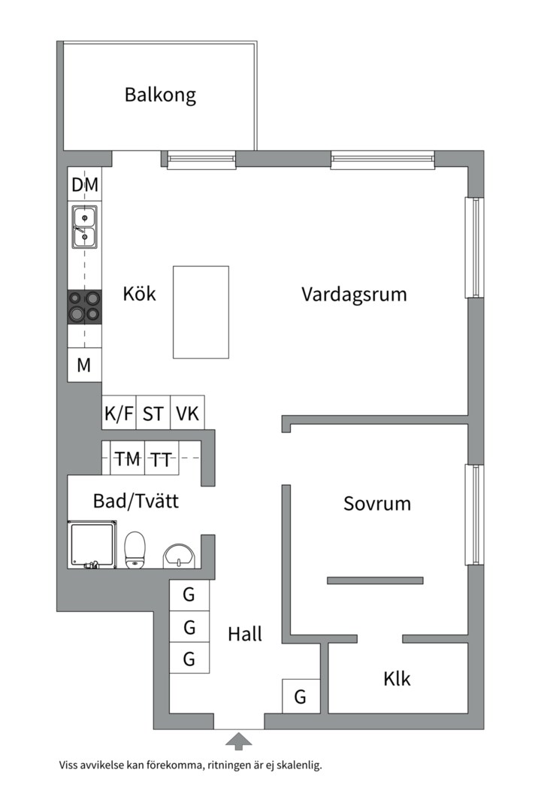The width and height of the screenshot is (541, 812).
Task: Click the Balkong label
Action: pos(160,95)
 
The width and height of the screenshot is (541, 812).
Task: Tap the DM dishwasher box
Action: pos(85,185)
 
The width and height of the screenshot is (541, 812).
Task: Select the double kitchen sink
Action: pos(85,227)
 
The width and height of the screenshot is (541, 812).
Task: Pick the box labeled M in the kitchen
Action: pos(84,365)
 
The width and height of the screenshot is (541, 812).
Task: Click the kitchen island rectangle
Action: pos(201,312)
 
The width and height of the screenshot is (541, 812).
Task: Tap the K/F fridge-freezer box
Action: pos(119,414)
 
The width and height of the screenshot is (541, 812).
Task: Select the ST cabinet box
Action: pos(153,414)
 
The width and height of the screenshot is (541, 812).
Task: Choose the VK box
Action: pos(187,414)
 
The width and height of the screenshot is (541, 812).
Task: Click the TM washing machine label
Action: pos(127,459)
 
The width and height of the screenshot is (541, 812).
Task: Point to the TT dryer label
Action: pos(160,459)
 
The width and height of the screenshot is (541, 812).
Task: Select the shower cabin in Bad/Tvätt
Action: pos(92,545)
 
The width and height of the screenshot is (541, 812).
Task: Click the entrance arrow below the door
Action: pos(239,741)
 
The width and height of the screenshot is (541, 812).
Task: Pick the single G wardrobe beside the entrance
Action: pos(300,697)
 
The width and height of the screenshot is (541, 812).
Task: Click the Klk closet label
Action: pos(397,679)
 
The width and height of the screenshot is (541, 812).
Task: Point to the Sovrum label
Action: pos(377,504)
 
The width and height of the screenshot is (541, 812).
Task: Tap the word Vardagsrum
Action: pos(354,294)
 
